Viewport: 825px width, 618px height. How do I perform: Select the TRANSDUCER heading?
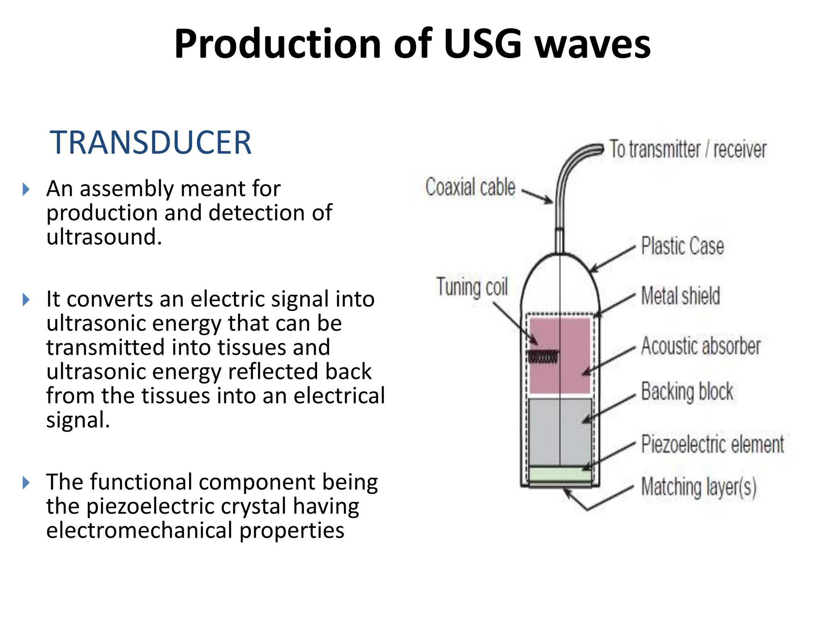click(150, 142)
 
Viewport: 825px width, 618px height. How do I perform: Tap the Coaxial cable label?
click(470, 187)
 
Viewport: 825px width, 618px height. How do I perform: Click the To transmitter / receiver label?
click(688, 149)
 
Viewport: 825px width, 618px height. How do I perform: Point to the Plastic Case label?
click(682, 246)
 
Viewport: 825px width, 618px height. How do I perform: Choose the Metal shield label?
click(680, 296)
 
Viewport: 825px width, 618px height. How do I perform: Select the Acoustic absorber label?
click(701, 346)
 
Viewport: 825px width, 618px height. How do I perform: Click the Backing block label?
click(687, 391)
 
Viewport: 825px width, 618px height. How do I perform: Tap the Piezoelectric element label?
click(712, 445)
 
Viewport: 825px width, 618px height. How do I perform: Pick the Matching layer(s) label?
click(699, 487)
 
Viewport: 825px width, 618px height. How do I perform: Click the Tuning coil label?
click(472, 287)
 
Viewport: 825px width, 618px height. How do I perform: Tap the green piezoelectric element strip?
click(560, 474)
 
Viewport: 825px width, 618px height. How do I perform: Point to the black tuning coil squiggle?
click(543, 357)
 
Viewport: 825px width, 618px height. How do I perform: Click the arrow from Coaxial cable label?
click(538, 196)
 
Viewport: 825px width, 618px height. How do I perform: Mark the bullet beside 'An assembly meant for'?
click(26, 189)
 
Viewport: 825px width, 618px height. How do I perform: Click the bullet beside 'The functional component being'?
click(26, 482)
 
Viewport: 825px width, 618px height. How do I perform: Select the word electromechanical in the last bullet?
click(139, 531)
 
